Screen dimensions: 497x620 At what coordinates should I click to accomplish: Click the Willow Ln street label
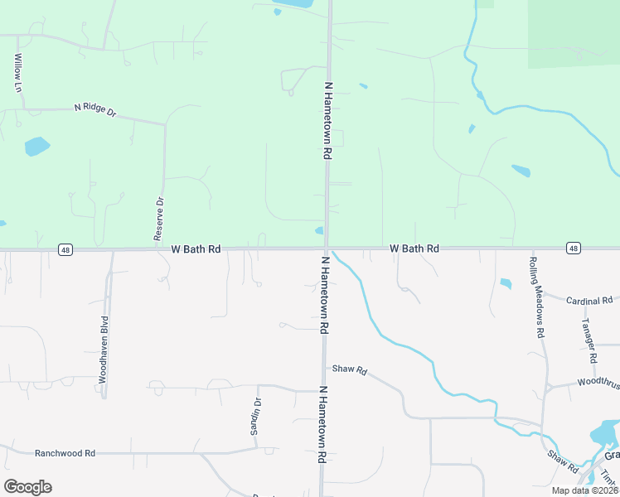pyautogui.click(x=17, y=73)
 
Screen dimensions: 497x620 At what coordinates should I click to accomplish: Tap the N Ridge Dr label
pyautogui.click(x=94, y=108)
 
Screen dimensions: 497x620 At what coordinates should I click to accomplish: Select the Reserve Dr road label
pyautogui.click(x=159, y=219)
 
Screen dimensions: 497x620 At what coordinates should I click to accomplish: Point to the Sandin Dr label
pyautogui.click(x=256, y=416)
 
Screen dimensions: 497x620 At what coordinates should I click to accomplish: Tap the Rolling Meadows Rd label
pyautogui.click(x=536, y=297)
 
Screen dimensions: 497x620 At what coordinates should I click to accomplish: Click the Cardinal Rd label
pyautogui.click(x=589, y=300)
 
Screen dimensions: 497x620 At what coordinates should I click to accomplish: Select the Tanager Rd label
pyautogui.click(x=589, y=341)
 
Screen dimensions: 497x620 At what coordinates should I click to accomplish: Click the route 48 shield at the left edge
pyautogui.click(x=64, y=248)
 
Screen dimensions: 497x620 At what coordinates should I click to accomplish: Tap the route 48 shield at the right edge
pyautogui.click(x=573, y=248)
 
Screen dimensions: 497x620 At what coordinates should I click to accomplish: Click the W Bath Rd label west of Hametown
pyautogui.click(x=196, y=248)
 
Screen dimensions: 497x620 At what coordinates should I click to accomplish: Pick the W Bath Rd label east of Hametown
pyautogui.click(x=414, y=248)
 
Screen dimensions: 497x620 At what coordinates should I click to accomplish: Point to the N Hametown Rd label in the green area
pyautogui.click(x=328, y=120)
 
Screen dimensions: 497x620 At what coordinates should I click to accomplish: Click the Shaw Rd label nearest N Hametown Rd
pyautogui.click(x=349, y=369)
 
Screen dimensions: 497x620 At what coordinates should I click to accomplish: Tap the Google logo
pyautogui.click(x=27, y=487)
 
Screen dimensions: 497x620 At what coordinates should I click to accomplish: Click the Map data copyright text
pyautogui.click(x=584, y=490)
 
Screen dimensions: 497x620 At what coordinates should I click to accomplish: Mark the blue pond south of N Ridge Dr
pyautogui.click(x=36, y=147)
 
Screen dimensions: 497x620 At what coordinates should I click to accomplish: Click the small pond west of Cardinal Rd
pyautogui.click(x=506, y=283)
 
